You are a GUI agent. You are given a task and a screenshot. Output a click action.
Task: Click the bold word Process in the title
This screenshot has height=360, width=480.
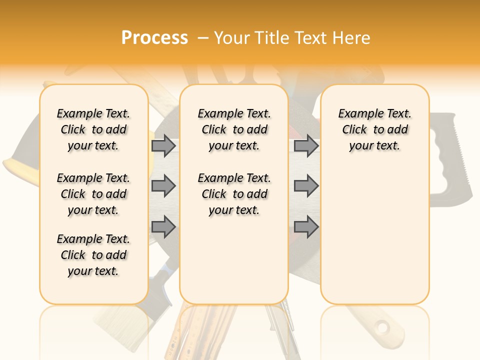(154, 38)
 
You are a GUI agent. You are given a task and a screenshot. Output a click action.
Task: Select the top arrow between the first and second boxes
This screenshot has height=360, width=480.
(163, 145)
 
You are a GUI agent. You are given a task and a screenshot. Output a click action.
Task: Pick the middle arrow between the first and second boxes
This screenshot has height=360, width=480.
(163, 186)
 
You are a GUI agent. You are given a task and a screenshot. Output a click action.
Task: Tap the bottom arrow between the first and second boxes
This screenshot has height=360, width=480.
(163, 227)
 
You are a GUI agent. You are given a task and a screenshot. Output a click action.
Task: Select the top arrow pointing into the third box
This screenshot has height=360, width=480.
(306, 145)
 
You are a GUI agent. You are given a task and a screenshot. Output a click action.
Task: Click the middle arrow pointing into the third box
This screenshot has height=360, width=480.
(306, 186)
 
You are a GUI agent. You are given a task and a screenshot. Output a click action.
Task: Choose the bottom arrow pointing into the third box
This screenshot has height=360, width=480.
(306, 227)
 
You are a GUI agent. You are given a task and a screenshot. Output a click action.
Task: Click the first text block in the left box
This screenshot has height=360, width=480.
(93, 129)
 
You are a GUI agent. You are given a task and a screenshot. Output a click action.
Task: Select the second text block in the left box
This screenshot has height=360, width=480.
(93, 194)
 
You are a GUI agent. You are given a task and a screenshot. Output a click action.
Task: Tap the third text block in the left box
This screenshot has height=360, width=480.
(93, 255)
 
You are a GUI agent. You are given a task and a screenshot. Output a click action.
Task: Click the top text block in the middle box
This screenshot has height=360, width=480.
(234, 129)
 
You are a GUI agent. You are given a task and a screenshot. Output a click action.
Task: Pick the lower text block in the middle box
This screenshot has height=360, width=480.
(234, 194)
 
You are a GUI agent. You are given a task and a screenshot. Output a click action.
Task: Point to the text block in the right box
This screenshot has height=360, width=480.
(374, 129)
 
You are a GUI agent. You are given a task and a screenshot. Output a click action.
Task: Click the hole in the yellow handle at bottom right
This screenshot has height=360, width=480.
(383, 328)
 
